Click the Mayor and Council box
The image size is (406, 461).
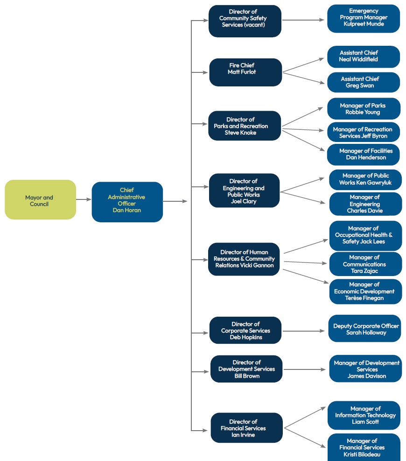(x=40, y=199)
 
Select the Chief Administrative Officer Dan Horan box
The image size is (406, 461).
(x=127, y=202)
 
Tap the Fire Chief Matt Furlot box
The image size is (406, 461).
(x=245, y=72)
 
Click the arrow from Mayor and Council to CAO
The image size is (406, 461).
(x=84, y=199)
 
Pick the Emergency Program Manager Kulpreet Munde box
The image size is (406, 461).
(x=364, y=19)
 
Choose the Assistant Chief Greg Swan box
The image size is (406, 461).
(x=364, y=82)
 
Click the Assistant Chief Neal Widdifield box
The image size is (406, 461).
(x=364, y=57)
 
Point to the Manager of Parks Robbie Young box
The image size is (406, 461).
(x=364, y=109)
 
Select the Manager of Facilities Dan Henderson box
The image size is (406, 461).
(x=364, y=155)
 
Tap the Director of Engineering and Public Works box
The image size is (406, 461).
(x=244, y=191)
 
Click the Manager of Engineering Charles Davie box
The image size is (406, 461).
(x=365, y=204)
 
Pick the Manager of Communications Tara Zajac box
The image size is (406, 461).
(x=365, y=264)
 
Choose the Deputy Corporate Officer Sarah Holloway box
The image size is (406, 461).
(x=364, y=328)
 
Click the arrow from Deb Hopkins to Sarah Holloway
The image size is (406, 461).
(x=303, y=331)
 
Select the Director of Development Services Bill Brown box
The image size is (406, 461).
(x=246, y=369)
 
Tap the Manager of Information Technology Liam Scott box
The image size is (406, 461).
(x=364, y=415)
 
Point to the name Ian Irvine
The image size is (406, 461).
(x=243, y=435)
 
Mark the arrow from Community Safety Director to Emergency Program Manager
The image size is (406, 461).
(x=303, y=20)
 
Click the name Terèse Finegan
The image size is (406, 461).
(x=364, y=298)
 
